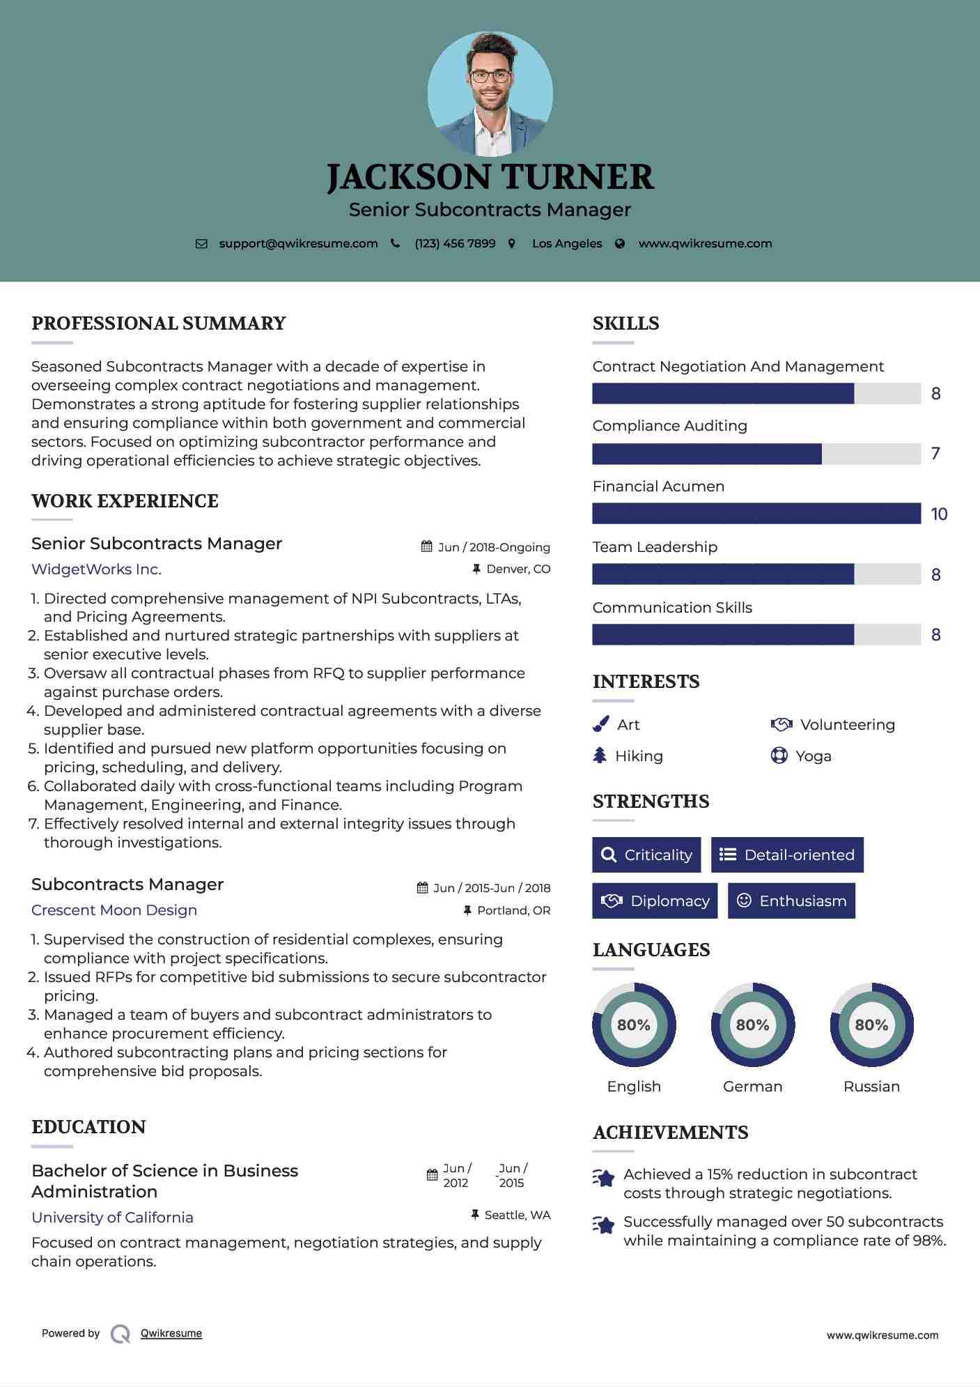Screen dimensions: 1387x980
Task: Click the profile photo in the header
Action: click(490, 94)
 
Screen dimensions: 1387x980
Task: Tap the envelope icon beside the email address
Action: click(201, 244)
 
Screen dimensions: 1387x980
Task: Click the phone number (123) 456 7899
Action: click(455, 244)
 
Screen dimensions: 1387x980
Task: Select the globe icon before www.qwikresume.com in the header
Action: click(620, 244)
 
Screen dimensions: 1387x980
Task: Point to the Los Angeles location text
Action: click(567, 244)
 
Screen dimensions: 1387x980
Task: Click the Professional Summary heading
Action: click(159, 323)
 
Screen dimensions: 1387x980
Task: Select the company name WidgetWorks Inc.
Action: click(96, 569)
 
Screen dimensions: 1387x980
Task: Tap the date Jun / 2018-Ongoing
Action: click(493, 547)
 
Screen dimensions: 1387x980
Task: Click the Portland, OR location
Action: click(513, 910)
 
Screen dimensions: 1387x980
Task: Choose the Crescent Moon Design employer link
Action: click(114, 910)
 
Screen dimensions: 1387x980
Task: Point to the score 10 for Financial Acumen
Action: click(939, 514)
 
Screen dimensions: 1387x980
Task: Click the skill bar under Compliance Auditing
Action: click(756, 454)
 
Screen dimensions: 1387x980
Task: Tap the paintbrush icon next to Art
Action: click(600, 725)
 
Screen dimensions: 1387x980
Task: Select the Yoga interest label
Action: click(814, 756)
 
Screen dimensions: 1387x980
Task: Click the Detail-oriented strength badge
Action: click(787, 855)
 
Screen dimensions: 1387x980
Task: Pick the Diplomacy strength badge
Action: click(655, 901)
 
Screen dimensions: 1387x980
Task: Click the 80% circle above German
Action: click(752, 1025)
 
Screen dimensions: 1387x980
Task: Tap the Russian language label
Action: click(871, 1087)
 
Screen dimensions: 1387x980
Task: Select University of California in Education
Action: click(112, 1218)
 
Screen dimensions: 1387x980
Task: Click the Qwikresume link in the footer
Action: click(171, 1333)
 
